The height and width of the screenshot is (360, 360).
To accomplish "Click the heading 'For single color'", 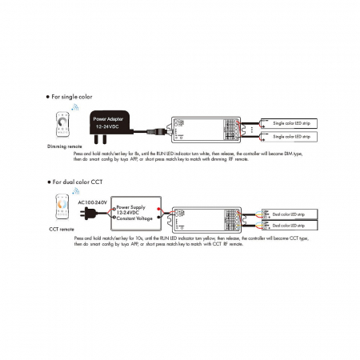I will [74, 94].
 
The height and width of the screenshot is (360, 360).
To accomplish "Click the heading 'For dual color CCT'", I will [80, 183].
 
